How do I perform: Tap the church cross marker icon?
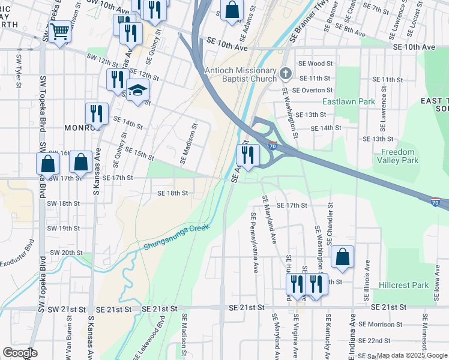286,75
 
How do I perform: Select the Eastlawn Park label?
348,101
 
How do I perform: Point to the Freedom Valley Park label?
398,156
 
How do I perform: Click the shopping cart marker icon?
59,32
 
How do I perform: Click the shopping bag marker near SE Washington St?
342,257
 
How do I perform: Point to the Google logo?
20,352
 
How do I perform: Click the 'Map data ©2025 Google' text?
412,355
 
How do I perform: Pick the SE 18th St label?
173,193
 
